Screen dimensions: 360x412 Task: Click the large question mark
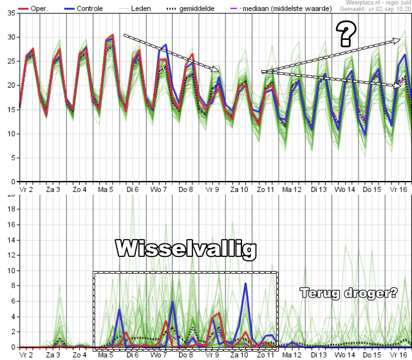click(x=346, y=33)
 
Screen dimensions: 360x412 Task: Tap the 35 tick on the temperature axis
click(x=11, y=14)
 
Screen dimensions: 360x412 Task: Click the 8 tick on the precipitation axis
click(x=12, y=286)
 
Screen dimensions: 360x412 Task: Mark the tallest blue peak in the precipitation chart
click(x=245, y=283)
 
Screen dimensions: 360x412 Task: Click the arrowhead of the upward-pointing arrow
click(x=398, y=41)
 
